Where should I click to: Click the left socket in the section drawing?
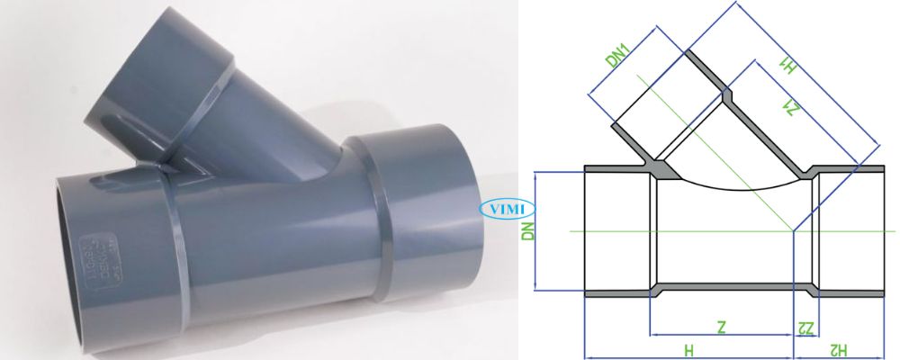point(617,231)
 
